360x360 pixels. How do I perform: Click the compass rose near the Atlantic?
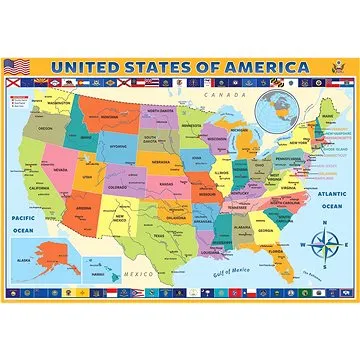coord(325,242)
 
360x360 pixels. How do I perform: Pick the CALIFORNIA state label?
coord(39,189)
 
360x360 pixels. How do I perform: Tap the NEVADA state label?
coord(60,170)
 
